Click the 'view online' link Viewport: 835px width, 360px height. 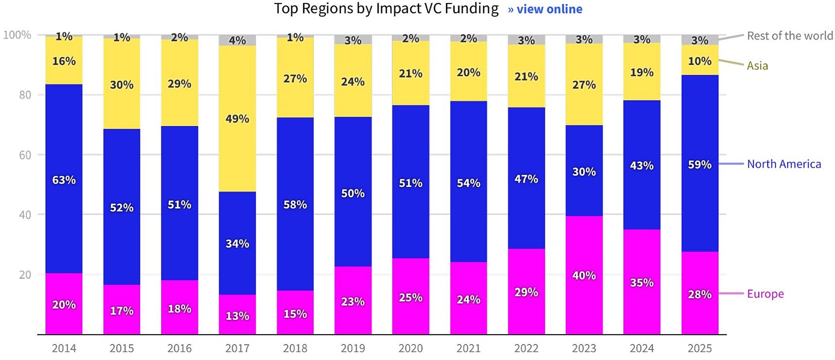click(x=545, y=9)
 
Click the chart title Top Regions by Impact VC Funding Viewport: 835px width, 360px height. click(x=386, y=9)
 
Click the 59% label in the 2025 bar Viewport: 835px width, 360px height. click(x=699, y=165)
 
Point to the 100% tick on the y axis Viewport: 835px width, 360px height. click(x=17, y=35)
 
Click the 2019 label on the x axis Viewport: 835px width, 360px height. click(x=353, y=348)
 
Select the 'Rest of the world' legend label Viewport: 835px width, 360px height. click(x=790, y=35)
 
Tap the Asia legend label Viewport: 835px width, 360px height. click(x=757, y=66)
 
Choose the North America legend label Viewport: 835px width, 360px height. click(x=783, y=164)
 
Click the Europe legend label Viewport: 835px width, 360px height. click(x=765, y=294)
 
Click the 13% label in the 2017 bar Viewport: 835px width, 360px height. click(x=237, y=316)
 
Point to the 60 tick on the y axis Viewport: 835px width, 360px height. click(x=25, y=155)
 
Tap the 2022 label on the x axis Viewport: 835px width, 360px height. click(x=526, y=348)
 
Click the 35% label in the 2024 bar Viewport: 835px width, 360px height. click(x=642, y=283)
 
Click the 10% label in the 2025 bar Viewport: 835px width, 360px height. click(x=699, y=61)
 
